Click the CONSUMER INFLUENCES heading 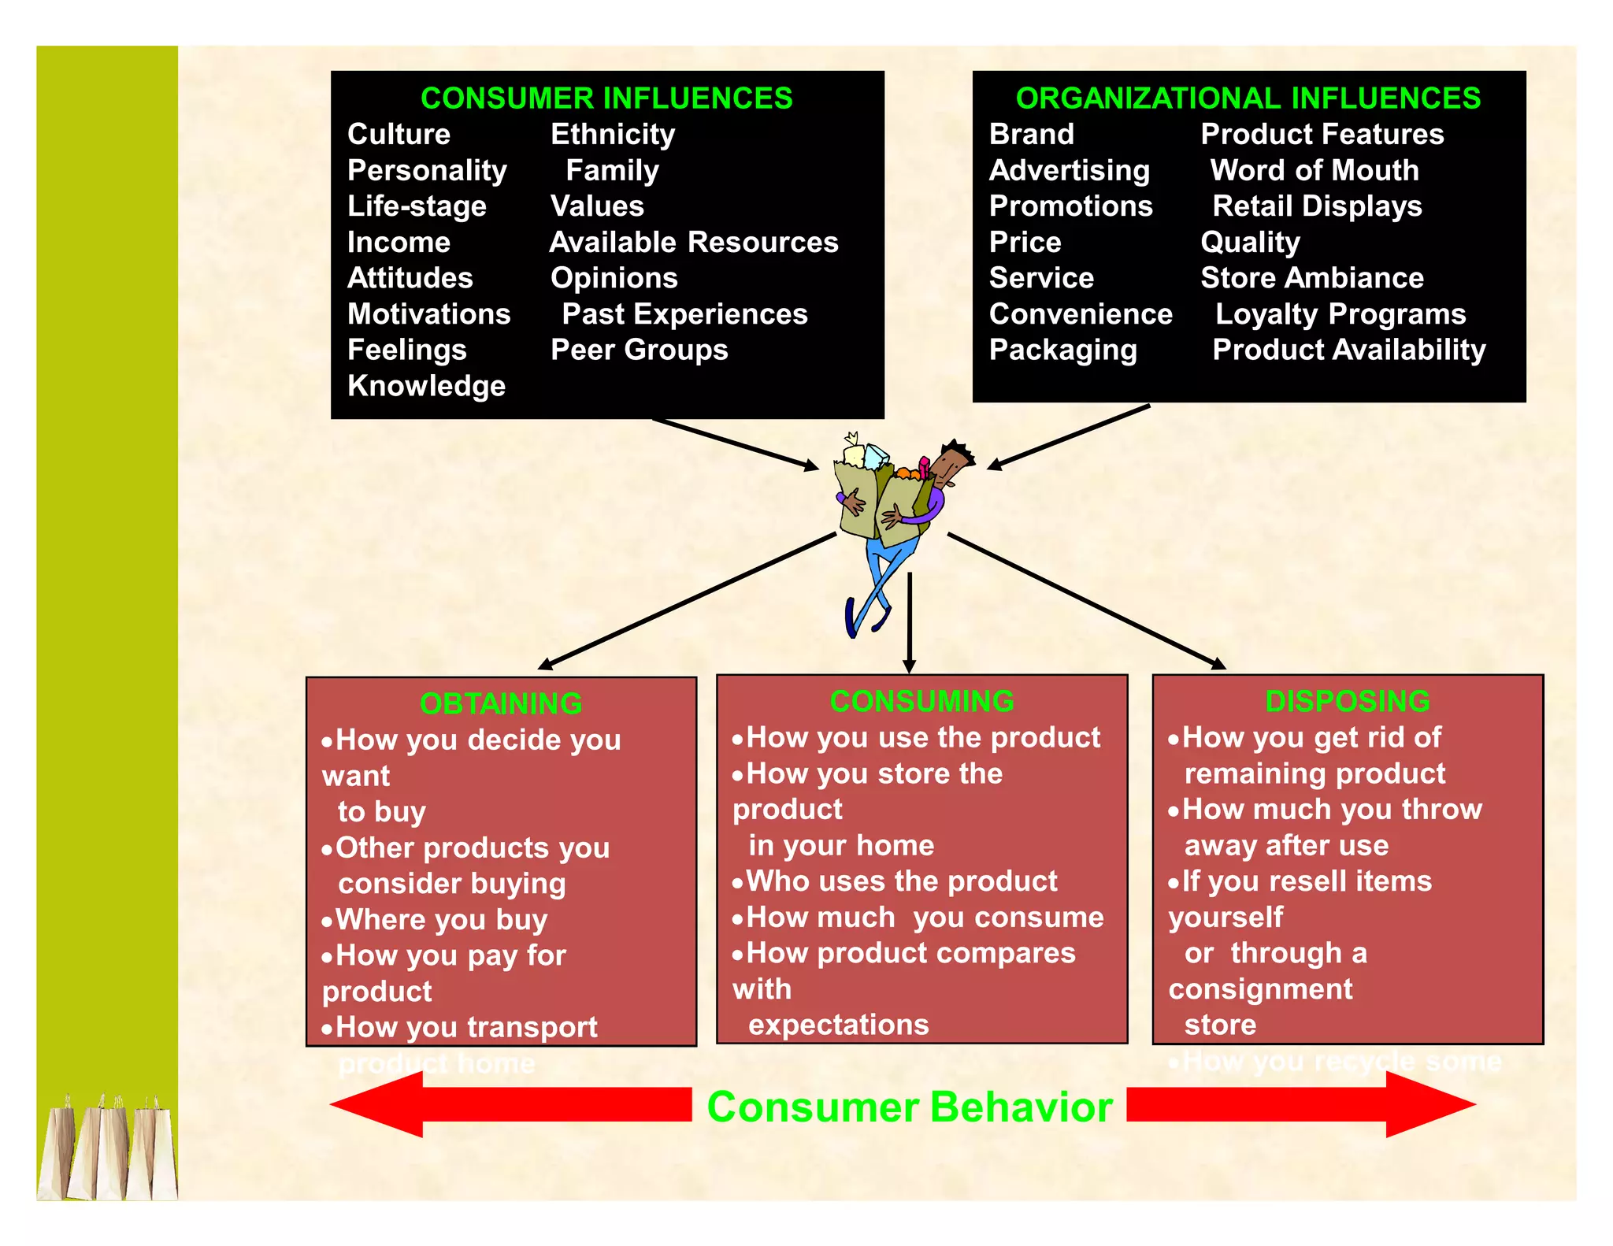tap(606, 98)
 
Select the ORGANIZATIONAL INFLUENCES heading tap(1248, 98)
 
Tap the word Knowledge tap(426, 386)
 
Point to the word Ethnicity tap(613, 135)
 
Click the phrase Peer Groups tap(639, 350)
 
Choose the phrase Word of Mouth tap(1314, 171)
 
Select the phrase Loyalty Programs tap(1340, 314)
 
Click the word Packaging tap(1062, 350)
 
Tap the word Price tap(1025, 243)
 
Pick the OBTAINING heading tap(501, 703)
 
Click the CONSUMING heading tap(921, 701)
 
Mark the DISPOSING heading tap(1347, 701)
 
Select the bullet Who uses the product tap(901, 881)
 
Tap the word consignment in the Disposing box tap(1260, 989)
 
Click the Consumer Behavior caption tap(909, 1107)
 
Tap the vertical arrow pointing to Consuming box tap(910, 622)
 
